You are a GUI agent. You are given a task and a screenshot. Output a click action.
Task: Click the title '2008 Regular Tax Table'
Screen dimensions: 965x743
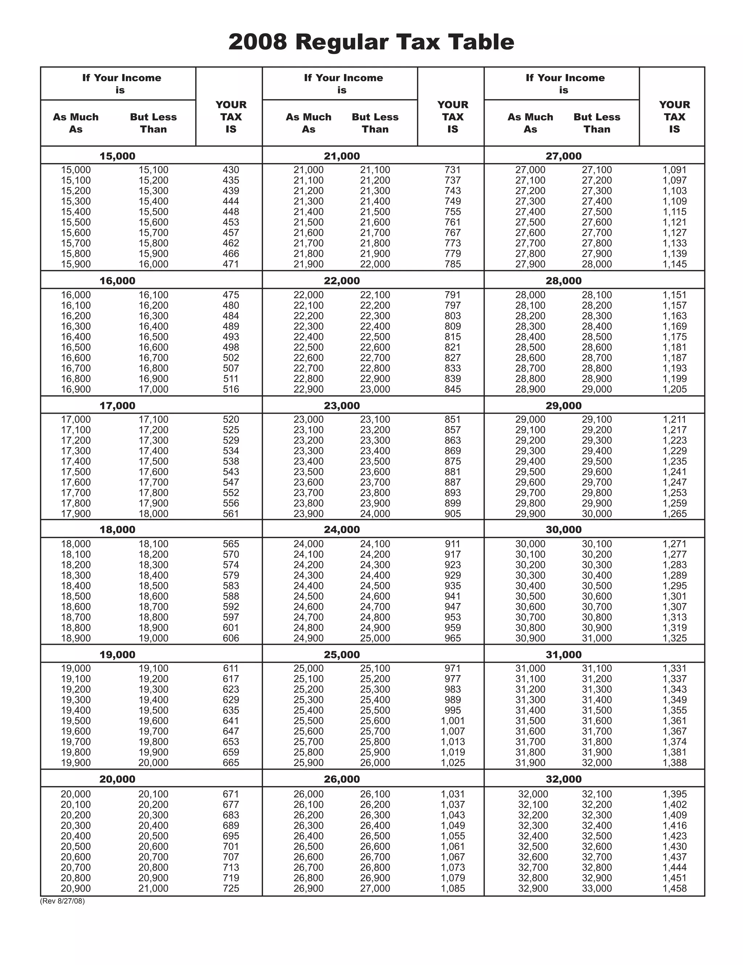click(371, 42)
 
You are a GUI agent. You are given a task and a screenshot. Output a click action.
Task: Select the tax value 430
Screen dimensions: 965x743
click(231, 170)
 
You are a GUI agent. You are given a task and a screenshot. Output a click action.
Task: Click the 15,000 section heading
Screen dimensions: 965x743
click(117, 156)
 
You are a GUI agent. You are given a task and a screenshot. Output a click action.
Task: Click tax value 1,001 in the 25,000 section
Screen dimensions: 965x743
click(452, 721)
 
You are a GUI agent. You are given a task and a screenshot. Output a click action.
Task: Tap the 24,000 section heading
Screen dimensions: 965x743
click(341, 529)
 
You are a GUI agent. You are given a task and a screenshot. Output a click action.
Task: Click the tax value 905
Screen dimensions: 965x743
click(452, 514)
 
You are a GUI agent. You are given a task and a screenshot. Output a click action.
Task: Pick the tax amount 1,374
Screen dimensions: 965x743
click(674, 742)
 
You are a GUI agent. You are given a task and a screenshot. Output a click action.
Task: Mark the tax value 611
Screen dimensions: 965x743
click(231, 668)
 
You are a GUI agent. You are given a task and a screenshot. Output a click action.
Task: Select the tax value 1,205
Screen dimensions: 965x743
click(674, 389)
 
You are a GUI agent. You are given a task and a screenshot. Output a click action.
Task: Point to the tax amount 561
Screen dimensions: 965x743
click(231, 514)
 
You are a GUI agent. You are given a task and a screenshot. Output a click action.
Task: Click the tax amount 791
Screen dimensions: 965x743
click(452, 295)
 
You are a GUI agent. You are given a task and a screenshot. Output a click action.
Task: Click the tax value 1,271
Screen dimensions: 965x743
click(674, 544)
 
